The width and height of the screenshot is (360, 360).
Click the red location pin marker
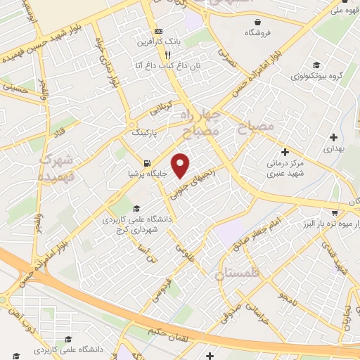181,165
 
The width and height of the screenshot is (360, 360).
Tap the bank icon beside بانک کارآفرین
158,32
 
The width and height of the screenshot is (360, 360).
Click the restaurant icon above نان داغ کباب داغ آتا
167,54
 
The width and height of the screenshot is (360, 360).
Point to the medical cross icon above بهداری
333,136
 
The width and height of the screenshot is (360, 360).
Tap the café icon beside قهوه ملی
331,11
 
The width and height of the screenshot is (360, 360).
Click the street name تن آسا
148,253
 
